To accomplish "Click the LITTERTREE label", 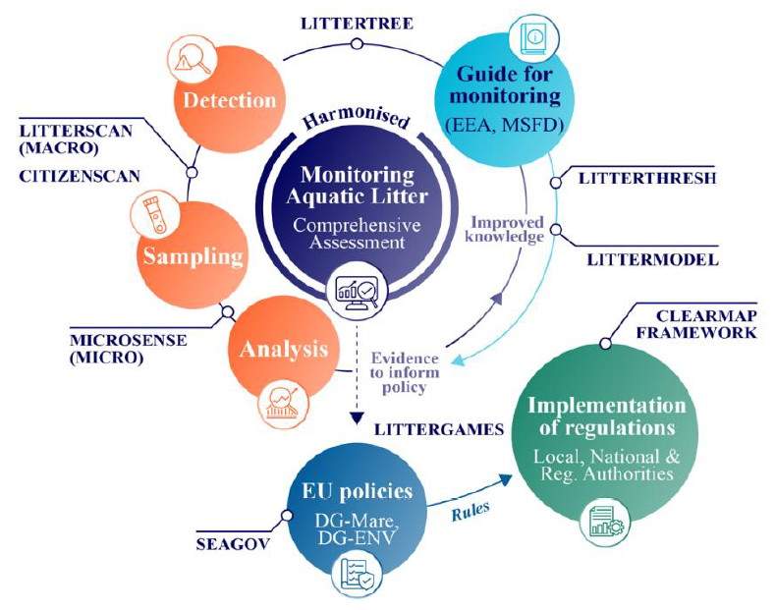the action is (357, 24).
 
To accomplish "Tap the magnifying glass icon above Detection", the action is (193, 60).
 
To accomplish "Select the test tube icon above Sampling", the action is (154, 215).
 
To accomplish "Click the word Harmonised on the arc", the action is (357, 118).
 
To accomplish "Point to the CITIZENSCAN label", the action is (80, 177).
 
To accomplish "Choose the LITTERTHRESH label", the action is (647, 178).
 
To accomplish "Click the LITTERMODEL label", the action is (652, 259).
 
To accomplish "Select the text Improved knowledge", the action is (505, 230).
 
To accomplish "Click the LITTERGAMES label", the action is (439, 429).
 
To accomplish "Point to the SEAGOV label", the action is (234, 544).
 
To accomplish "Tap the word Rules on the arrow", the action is (471, 511).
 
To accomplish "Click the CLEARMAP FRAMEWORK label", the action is (696, 324).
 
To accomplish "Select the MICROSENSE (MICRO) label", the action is (129, 349).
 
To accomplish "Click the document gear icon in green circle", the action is (607, 521).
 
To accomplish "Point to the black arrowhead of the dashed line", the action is (357, 418).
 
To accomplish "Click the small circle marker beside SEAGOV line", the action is (287, 516).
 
